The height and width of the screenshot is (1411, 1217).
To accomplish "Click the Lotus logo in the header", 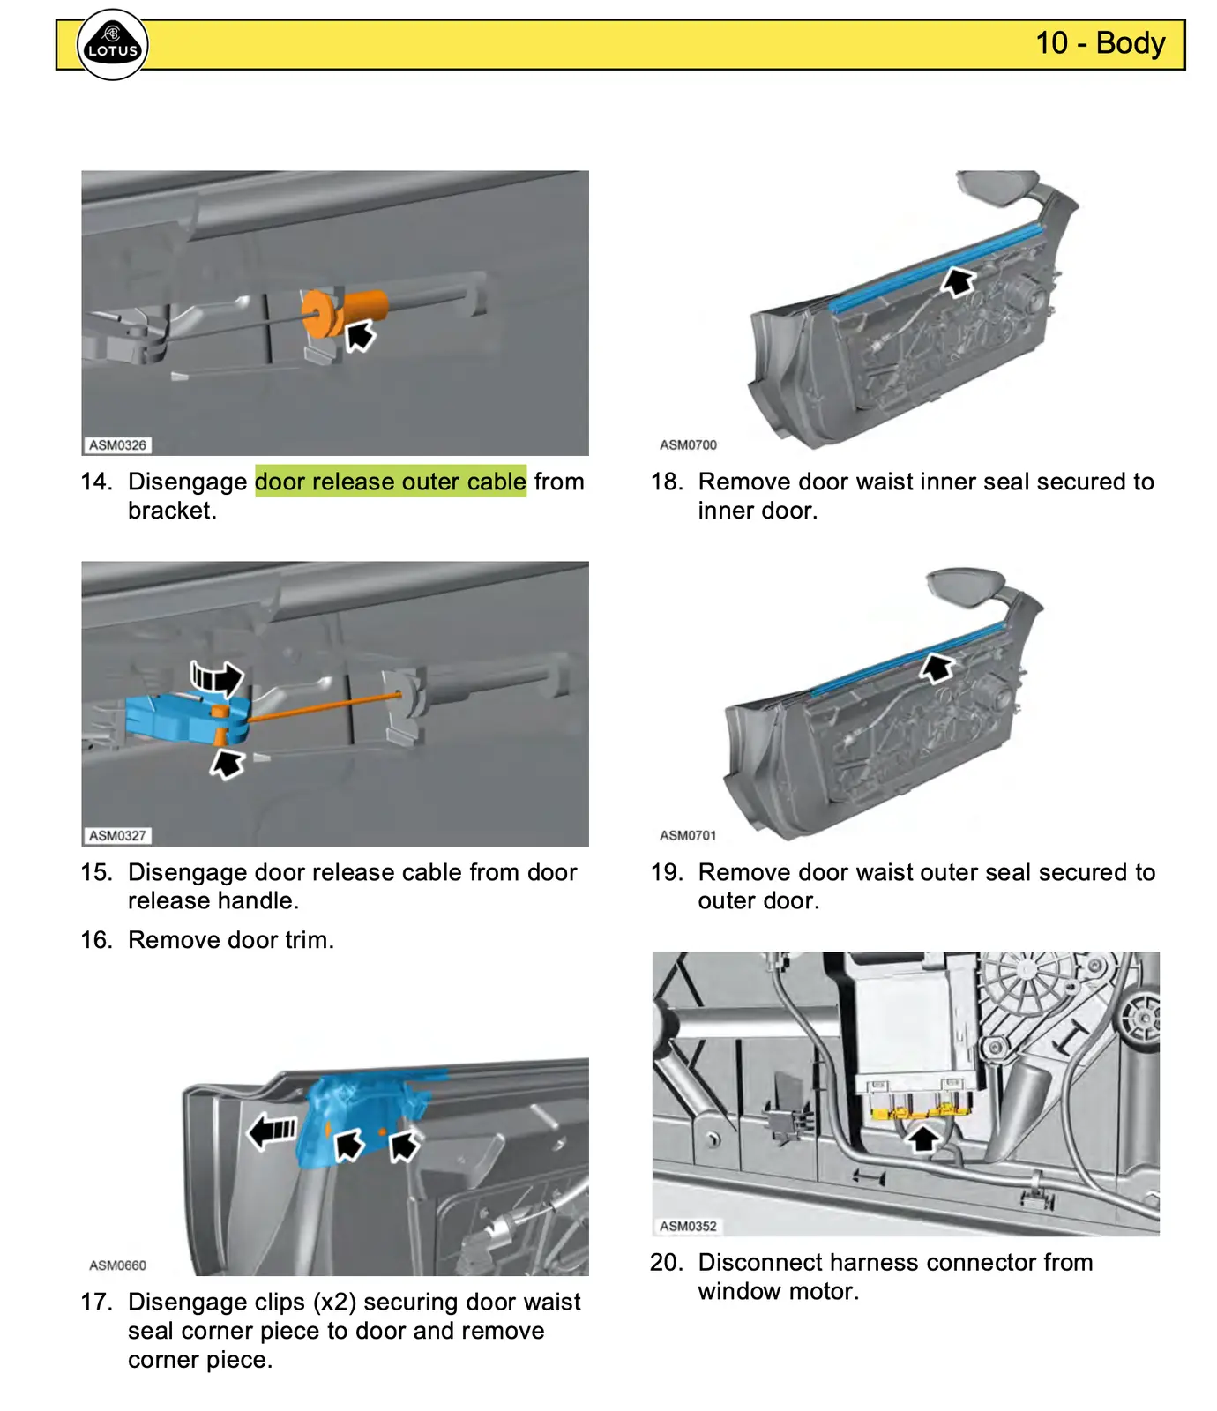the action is pos(113,45).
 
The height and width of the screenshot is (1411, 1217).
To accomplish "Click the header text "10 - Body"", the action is pos(1100,42).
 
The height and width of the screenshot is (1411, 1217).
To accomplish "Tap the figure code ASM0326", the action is pos(117,445).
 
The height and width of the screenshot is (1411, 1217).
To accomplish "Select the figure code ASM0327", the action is pos(117,835).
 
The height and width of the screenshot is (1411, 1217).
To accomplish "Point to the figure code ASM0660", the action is pos(117,1265).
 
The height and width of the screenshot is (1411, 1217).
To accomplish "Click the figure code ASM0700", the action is pos(688,445).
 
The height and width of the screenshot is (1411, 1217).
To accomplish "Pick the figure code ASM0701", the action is pos(688,835).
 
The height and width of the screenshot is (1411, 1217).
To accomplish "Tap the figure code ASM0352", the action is pos(688,1226).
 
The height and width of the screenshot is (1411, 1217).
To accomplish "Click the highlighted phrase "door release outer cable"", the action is pos(391,482).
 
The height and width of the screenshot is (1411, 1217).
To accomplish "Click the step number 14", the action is pos(96,482).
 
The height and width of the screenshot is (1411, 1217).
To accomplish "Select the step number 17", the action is pos(96,1302).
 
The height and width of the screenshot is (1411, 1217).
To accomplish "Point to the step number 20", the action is pos(667,1263).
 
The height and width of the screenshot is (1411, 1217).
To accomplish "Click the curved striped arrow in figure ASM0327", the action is pos(217,678).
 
